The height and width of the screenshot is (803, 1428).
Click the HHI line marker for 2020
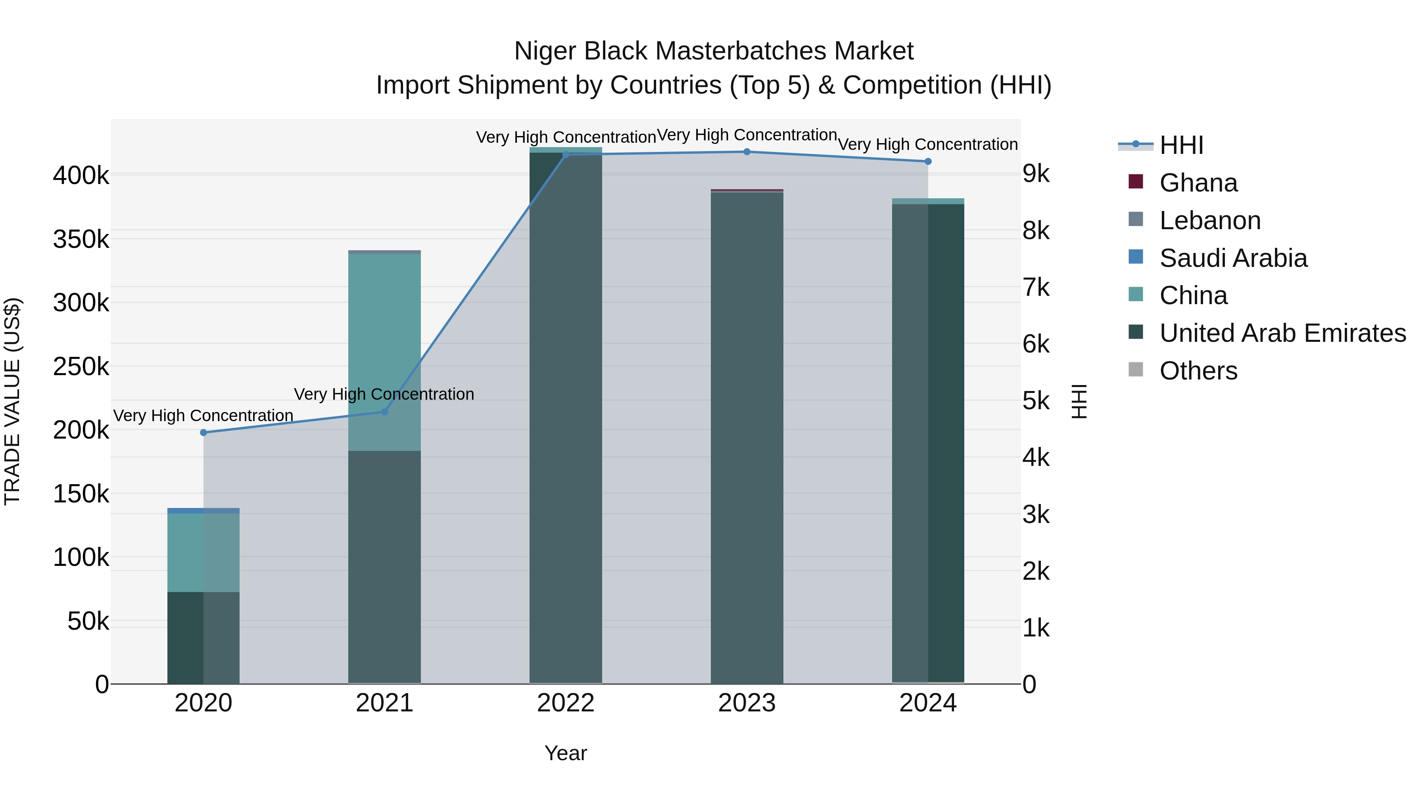pyautogui.click(x=203, y=432)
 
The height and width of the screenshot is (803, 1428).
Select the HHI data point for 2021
pyautogui.click(x=385, y=412)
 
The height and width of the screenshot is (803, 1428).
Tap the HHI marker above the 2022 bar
pyautogui.click(x=566, y=155)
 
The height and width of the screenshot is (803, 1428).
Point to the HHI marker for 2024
pyautogui.click(x=928, y=161)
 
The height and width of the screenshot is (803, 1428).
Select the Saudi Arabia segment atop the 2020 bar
pyautogui.click(x=203, y=510)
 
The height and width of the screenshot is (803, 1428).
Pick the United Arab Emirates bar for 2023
pyautogui.click(x=747, y=438)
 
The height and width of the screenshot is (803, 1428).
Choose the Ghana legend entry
pyautogui.click(x=1198, y=183)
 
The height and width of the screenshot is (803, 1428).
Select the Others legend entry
pyautogui.click(x=1198, y=371)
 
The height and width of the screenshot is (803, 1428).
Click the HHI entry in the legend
pyautogui.click(x=1181, y=145)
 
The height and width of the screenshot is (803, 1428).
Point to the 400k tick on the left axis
pyautogui.click(x=81, y=176)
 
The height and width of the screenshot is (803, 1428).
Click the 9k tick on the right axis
pyautogui.click(x=1036, y=174)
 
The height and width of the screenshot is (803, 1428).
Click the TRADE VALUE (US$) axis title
pyautogui.click(x=13, y=401)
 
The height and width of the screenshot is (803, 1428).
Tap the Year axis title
pyautogui.click(x=565, y=753)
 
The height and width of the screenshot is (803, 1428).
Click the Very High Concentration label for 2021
pyautogui.click(x=384, y=394)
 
